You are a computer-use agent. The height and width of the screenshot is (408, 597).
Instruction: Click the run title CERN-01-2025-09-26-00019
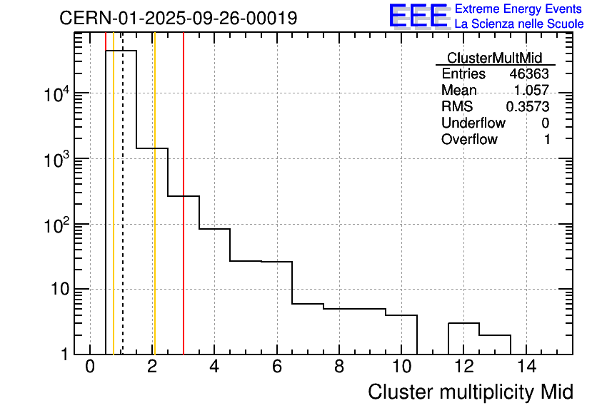point(178,18)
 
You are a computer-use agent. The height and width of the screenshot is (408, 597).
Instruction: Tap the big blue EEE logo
point(418,16)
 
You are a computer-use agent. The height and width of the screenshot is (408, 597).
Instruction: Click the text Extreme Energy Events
point(519,9)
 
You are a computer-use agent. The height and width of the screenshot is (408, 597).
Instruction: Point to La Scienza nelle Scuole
point(519,24)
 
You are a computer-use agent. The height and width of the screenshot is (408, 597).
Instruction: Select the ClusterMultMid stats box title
point(494,58)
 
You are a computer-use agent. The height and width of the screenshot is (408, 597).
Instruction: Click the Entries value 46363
point(529,74)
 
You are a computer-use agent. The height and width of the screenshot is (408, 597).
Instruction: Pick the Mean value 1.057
point(531,91)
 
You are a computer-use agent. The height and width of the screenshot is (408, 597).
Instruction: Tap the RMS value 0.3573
point(528,106)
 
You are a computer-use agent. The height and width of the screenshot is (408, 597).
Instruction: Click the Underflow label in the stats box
point(473,123)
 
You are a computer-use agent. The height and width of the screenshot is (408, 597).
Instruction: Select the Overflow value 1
point(547,139)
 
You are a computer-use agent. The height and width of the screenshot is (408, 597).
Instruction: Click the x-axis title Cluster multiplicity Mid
point(471,392)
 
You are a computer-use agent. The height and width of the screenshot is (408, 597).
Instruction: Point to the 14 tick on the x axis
point(526,367)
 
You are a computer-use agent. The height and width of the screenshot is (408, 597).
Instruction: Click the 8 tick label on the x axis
point(338,367)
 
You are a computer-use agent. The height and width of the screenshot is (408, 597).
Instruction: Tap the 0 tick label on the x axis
point(90,367)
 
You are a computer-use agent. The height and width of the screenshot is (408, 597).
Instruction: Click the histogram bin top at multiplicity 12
point(463,323)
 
